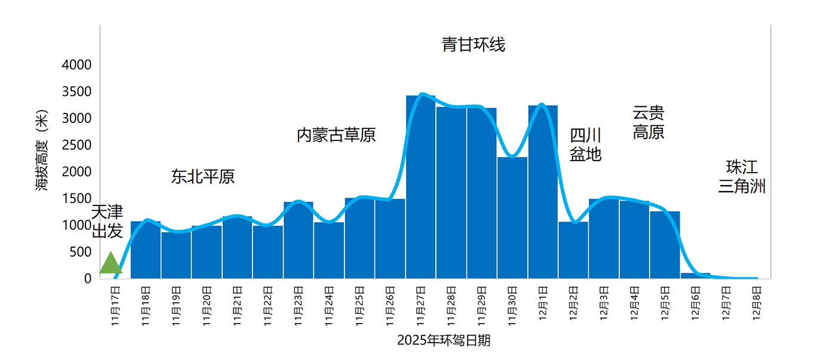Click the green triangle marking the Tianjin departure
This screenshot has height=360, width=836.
[110, 264]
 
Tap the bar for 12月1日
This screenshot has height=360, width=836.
[543, 192]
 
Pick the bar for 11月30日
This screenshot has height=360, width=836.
[512, 217]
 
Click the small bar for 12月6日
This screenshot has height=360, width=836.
[696, 276]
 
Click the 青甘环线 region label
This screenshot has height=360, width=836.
[474, 45]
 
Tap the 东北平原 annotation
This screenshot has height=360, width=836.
[203, 177]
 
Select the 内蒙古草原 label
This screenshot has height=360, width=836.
[336, 135]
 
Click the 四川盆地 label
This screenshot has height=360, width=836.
[585, 145]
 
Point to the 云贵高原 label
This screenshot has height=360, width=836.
[648, 122]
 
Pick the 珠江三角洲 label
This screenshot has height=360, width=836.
[742, 177]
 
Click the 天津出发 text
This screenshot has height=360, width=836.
[107, 221]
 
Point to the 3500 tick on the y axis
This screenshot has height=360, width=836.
[77, 92]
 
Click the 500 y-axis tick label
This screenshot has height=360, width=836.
[80, 252]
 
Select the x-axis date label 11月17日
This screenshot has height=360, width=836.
[116, 306]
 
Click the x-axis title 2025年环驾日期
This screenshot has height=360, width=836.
[444, 341]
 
